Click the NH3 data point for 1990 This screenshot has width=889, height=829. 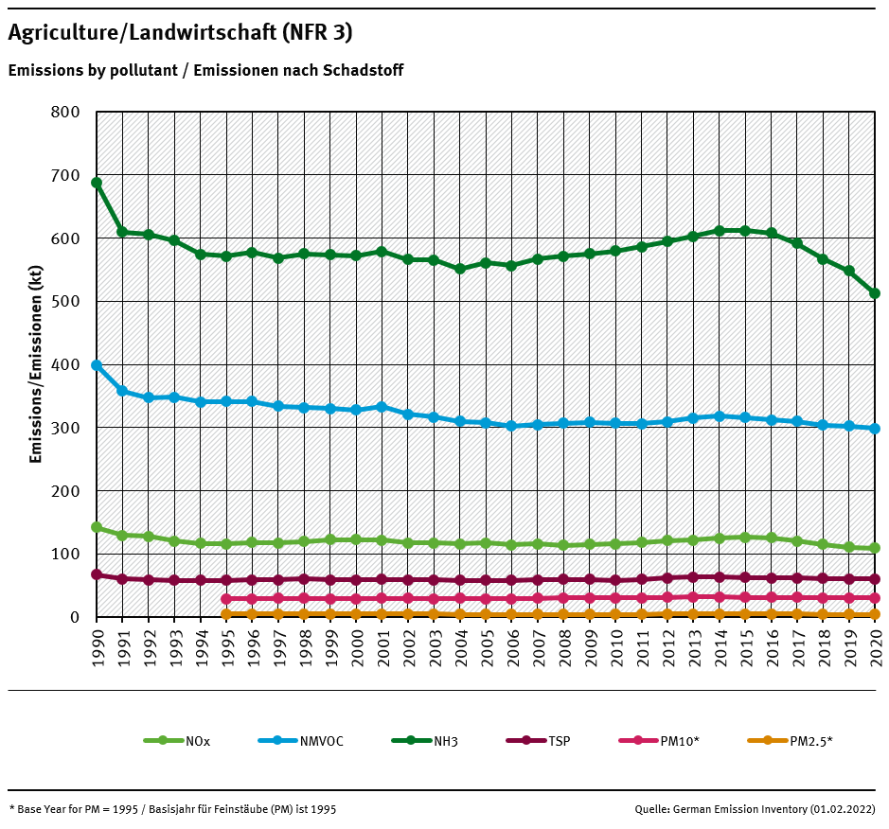click(97, 183)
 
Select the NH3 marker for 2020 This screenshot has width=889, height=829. click(875, 293)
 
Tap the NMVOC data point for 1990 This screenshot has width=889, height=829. click(97, 365)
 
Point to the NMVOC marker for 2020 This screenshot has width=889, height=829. click(875, 429)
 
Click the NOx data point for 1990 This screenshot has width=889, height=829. click(97, 527)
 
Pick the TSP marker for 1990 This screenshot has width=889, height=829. click(97, 574)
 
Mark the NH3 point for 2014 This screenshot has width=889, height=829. click(720, 230)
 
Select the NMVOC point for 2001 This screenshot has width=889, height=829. click(382, 407)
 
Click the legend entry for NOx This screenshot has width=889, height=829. click(176, 741)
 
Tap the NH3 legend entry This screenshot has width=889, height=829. click(424, 741)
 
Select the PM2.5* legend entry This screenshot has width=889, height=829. click(789, 741)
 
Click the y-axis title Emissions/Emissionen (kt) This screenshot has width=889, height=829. click(36, 364)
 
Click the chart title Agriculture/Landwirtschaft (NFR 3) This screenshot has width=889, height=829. click(180, 33)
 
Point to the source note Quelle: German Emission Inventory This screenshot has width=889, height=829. click(755, 809)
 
